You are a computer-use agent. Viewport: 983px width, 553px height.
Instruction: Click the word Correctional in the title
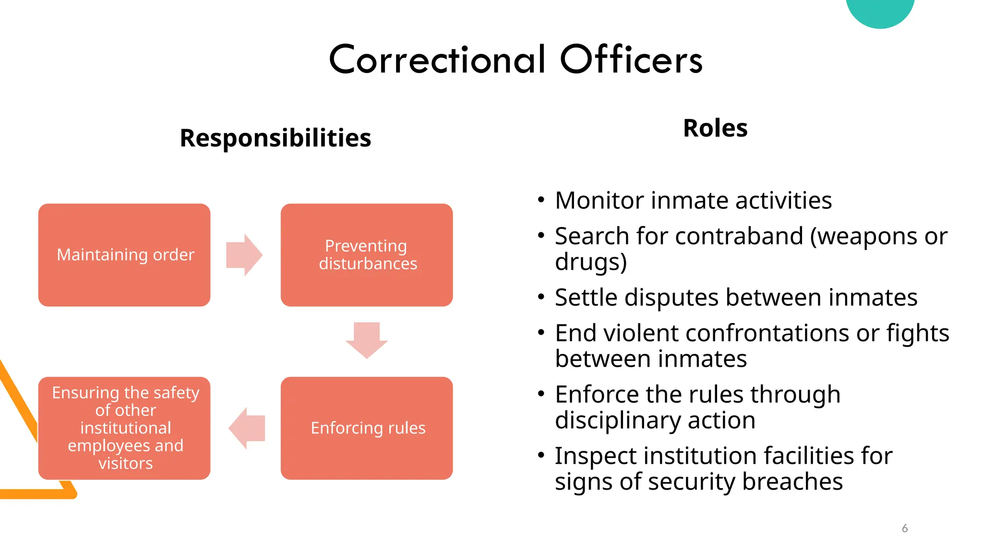click(x=437, y=60)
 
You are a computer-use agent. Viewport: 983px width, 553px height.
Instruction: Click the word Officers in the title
click(x=631, y=60)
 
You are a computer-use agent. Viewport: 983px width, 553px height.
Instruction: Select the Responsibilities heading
click(x=275, y=138)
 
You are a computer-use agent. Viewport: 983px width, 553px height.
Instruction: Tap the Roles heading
click(x=715, y=128)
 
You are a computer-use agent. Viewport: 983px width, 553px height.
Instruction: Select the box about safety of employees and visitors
click(x=124, y=428)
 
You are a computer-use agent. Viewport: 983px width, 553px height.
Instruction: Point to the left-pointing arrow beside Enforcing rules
click(x=247, y=428)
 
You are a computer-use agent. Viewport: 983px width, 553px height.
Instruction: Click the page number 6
click(x=905, y=528)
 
